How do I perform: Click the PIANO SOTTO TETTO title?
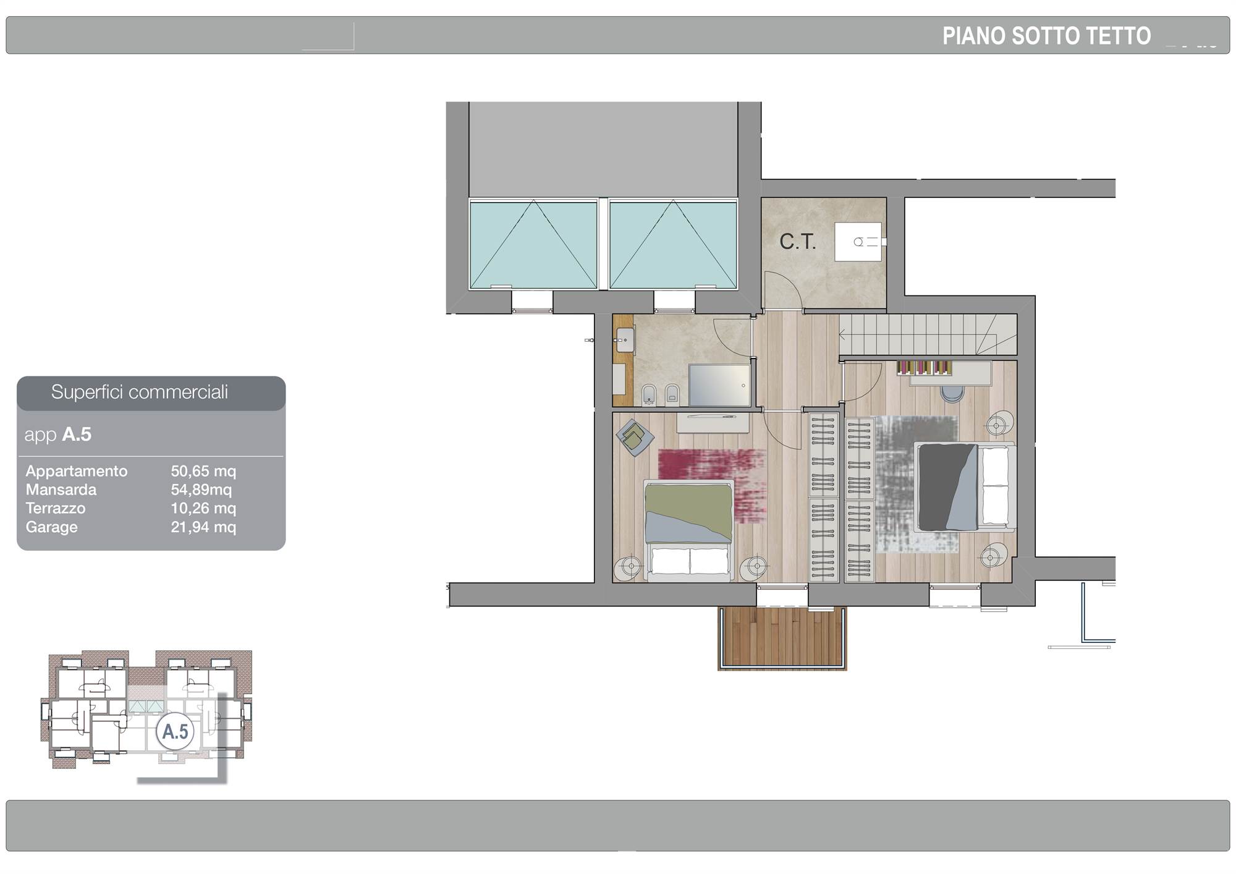(1046, 36)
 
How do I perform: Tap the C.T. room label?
(797, 242)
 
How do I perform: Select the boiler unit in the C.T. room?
(858, 242)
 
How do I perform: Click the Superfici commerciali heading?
(140, 392)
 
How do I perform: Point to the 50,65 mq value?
(203, 471)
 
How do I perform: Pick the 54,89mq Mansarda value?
(201, 490)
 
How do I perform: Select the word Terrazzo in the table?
(56, 508)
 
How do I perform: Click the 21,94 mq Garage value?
(203, 527)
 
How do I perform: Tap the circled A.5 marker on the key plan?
(175, 731)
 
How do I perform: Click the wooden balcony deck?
(782, 637)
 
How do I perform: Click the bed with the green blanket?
(688, 530)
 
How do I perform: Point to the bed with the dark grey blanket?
(964, 486)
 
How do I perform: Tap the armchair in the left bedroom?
(635, 438)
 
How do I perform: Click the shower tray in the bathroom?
(719, 385)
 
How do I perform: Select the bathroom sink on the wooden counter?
(625, 340)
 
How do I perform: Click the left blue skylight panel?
(533, 244)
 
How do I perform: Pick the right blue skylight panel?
(673, 244)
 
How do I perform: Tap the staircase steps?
(928, 334)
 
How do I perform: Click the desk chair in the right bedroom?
(952, 392)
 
